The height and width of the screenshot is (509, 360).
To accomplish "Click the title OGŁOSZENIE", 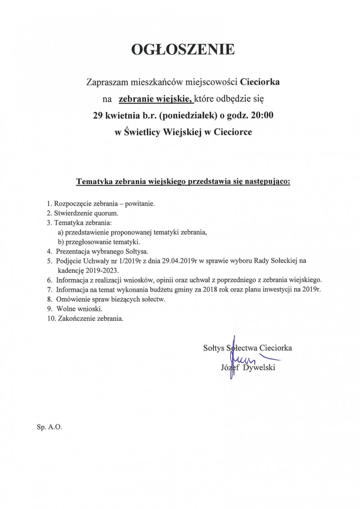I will pos(183,50).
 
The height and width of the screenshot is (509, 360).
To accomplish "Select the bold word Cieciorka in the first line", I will pos(261,82).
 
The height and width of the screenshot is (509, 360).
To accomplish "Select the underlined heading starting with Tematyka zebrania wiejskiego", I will pos(183,182).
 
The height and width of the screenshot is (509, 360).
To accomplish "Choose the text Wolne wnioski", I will pos(80,309).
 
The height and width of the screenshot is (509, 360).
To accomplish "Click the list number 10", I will pos(50,318).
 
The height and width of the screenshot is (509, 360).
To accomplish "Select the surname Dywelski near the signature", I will pos(260,368).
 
